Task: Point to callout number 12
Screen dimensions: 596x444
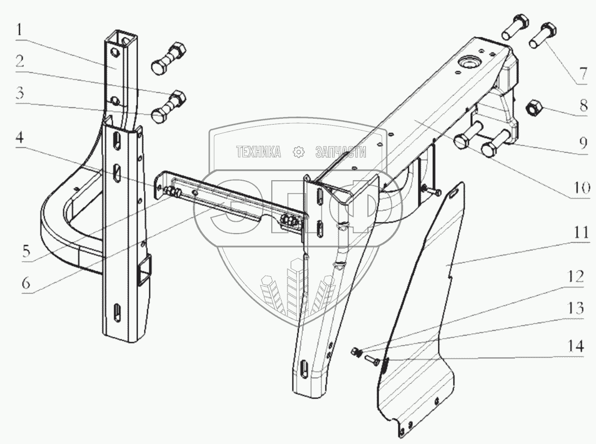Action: pos(576,277)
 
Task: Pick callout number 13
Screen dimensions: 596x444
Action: pos(576,309)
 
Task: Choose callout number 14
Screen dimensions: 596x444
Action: pos(576,346)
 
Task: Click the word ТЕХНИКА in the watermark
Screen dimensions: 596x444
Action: pos(258,152)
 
